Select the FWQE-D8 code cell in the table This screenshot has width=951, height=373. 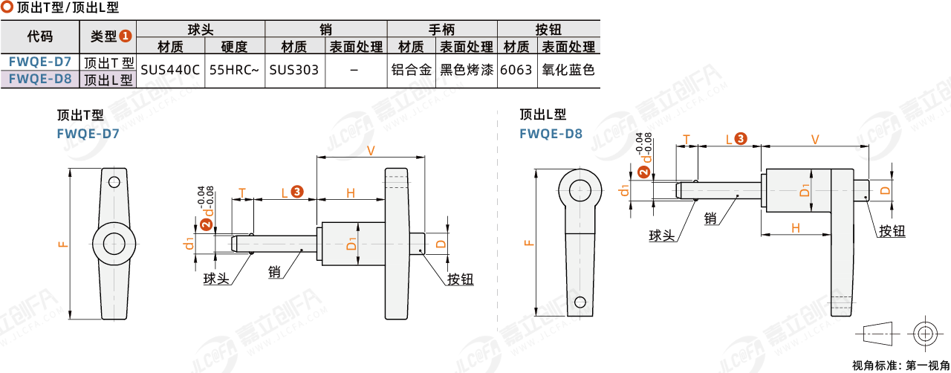[x=40, y=78]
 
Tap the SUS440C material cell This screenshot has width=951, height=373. [x=170, y=70]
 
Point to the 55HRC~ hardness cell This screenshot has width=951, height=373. [x=234, y=70]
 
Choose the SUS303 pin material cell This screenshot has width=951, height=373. [x=294, y=70]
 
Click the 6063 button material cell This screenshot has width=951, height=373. [x=516, y=70]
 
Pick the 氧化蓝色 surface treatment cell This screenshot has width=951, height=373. [x=568, y=70]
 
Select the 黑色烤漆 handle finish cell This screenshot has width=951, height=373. [x=467, y=70]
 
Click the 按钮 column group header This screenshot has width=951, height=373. [x=548, y=30]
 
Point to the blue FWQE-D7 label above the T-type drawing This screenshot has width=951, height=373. [x=88, y=134]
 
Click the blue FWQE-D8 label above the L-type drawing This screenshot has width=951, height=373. [x=551, y=134]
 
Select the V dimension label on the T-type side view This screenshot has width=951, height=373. [x=371, y=151]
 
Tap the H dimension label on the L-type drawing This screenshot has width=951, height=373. [x=795, y=228]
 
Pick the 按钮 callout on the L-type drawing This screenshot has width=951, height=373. [x=892, y=231]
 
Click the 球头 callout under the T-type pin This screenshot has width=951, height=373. [x=217, y=279]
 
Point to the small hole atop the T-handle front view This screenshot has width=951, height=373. [x=114, y=182]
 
